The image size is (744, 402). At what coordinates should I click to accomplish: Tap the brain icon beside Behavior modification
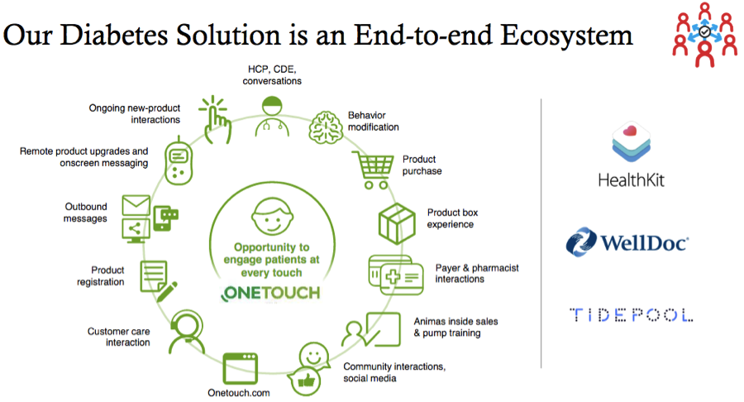pos(326,127)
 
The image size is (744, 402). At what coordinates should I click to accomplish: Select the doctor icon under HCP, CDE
pos(272,117)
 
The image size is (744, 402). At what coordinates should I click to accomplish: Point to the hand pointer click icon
pos(216,120)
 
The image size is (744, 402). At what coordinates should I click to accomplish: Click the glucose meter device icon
pos(179,160)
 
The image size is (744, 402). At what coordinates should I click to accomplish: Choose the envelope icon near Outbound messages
pos(136,205)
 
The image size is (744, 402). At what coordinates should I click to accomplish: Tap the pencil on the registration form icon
pos(167,291)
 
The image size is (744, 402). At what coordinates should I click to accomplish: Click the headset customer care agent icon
pos(187,333)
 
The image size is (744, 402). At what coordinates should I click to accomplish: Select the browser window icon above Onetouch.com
pos(240,368)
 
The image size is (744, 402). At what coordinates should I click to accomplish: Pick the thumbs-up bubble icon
pos(304,380)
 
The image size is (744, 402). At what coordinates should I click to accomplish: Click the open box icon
pos(397,223)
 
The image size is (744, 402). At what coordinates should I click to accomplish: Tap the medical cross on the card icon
pos(393,276)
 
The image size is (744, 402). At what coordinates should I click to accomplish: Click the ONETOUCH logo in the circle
pos(271,293)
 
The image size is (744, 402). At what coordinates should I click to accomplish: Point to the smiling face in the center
pos(272,217)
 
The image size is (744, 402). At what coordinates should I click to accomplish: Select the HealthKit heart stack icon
pos(631,142)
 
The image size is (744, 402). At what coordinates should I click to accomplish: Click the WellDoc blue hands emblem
pos(581,242)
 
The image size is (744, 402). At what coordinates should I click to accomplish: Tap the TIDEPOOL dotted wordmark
pos(631,314)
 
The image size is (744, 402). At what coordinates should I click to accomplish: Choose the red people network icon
pos(704,34)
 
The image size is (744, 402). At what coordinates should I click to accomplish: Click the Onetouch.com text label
pos(239,393)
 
